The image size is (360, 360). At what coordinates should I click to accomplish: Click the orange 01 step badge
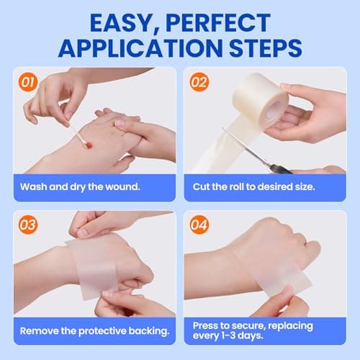[27, 82]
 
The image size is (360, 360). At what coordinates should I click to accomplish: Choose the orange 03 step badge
[27, 225]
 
